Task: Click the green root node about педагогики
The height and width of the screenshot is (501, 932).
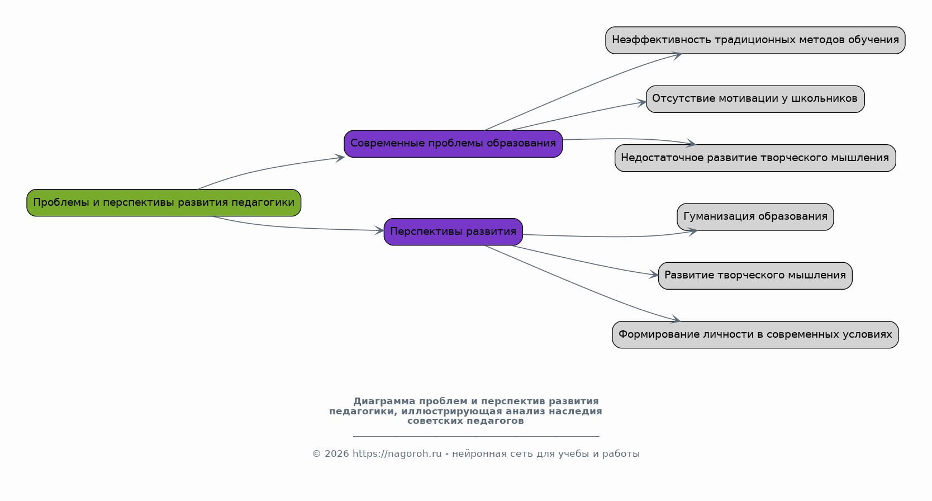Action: [x=164, y=202]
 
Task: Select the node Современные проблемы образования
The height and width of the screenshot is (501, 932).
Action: [x=453, y=144]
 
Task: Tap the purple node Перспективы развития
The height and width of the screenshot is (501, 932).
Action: [x=453, y=231]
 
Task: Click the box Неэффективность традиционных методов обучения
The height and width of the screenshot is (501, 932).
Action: [x=755, y=40]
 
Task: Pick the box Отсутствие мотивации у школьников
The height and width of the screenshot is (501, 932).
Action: [x=755, y=99]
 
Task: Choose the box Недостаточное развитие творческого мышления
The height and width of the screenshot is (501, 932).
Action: [x=755, y=158]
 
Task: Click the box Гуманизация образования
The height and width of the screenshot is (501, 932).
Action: [x=755, y=217]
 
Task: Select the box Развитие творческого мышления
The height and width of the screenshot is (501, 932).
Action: [x=755, y=276]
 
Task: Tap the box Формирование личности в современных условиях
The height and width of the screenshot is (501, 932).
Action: [x=755, y=334]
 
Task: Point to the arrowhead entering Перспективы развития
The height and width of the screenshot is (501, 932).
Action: [x=380, y=230]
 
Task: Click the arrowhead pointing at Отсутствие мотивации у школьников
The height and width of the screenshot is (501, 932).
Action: [x=642, y=102]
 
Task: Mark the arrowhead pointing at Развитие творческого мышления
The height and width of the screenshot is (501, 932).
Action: [x=654, y=275]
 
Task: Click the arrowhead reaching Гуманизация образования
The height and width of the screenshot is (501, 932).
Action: [x=693, y=231]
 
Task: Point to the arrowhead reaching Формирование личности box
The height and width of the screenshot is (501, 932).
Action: [x=676, y=320]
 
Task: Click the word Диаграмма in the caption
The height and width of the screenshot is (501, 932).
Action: [x=384, y=401]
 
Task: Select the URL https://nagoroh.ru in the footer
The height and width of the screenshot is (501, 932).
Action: [x=397, y=454]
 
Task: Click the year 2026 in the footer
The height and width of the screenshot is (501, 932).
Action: [x=336, y=454]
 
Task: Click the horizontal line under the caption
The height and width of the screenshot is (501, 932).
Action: [x=475, y=436]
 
